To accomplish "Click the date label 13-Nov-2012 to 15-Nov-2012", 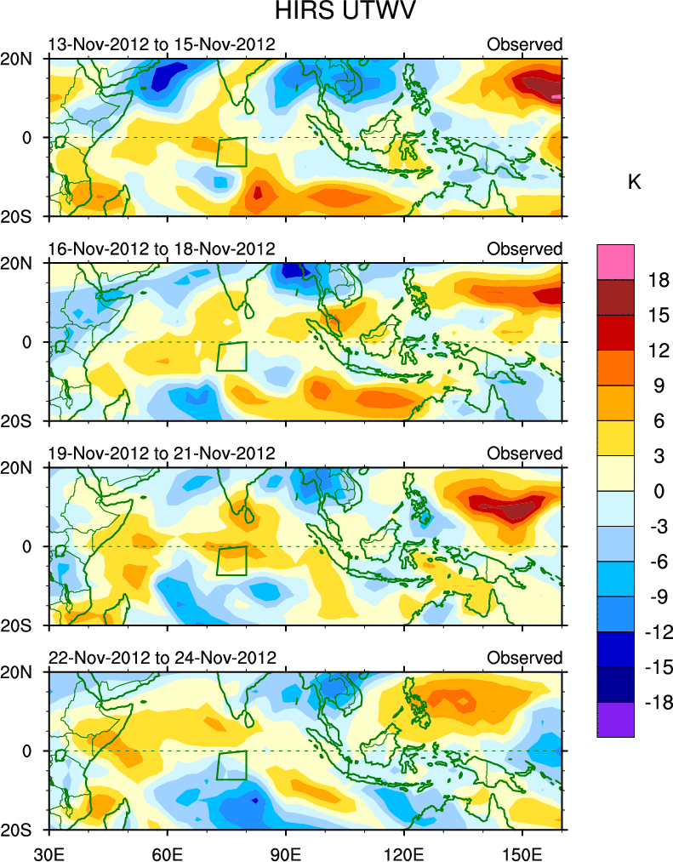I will (x=162, y=44).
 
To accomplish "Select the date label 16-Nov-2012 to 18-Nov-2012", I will (x=162, y=248).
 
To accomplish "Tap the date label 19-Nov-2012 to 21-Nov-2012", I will (x=162, y=453).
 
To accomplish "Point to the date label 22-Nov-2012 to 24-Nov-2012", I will (x=162, y=658).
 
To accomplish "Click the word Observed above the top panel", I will (x=524, y=44).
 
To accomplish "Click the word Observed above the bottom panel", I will (x=524, y=658).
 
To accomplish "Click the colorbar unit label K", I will (x=634, y=182).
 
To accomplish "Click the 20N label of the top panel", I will (x=23, y=59).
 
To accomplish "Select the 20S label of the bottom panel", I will (x=23, y=830).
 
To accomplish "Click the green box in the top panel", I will (x=231, y=151).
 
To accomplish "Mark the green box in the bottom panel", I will (x=231, y=765).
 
